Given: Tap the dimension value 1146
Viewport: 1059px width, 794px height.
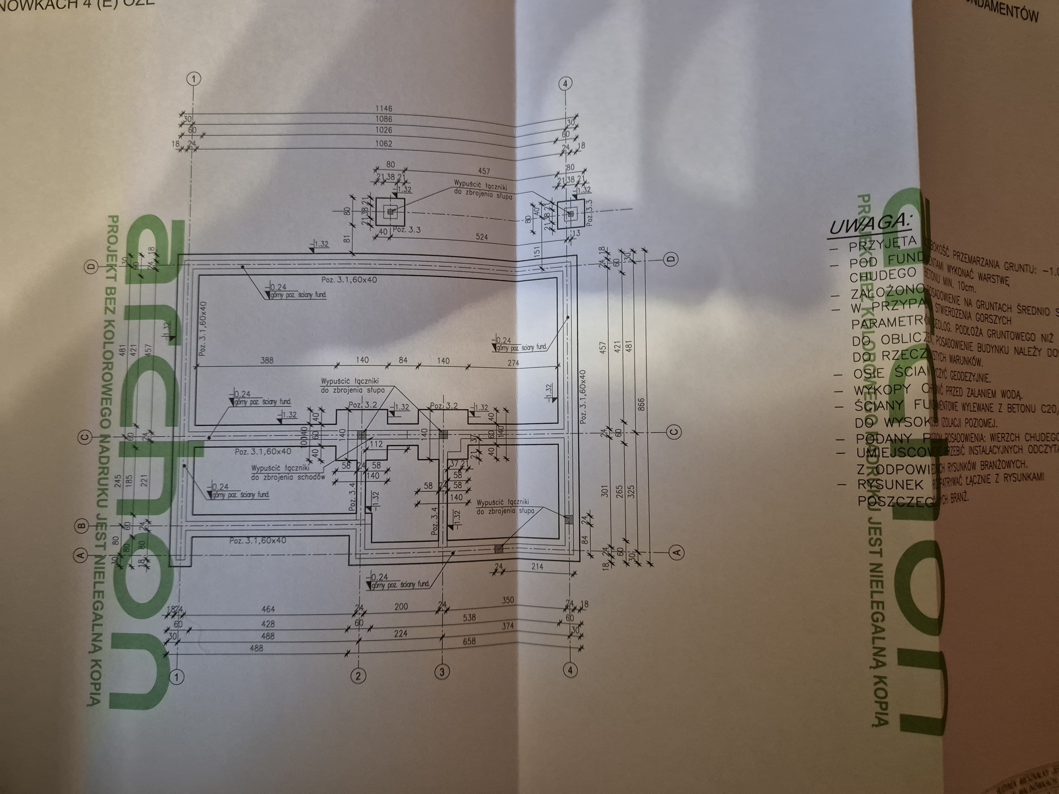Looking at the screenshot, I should pos(384,109).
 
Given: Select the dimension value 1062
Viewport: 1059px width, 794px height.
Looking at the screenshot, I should pos(384,143).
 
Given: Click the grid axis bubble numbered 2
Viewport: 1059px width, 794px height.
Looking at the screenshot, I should pos(358,676).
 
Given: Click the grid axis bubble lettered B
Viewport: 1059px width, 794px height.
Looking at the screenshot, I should pos(81,526).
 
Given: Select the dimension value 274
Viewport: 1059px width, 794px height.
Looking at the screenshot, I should pos(513,363).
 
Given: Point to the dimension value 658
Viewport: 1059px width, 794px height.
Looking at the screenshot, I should pos(469,641).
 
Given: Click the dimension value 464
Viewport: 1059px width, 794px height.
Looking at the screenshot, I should pos(268,609).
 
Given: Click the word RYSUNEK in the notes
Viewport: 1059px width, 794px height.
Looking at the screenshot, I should pos(890,484).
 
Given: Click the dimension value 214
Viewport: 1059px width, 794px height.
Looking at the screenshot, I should pos(537,567).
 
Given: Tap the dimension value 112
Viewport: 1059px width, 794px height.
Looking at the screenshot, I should pos(376,444).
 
